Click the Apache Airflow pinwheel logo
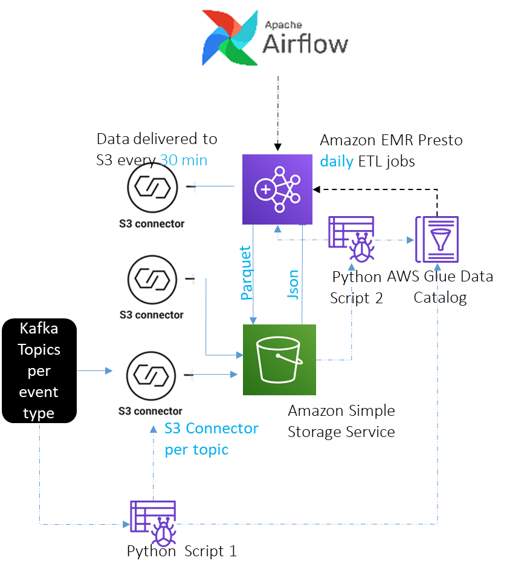click(229, 37)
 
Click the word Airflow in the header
click(305, 44)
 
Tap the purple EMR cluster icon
click(277, 189)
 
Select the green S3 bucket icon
click(279, 360)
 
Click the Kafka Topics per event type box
click(39, 370)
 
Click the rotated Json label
click(293, 284)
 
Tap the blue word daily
click(336, 161)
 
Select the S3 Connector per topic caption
click(211, 439)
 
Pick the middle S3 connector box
click(154, 286)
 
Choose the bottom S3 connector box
click(153, 381)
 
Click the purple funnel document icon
click(436, 239)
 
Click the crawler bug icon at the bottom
click(154, 524)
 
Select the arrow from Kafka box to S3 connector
click(95, 370)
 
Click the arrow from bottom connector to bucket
click(212, 375)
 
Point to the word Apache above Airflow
click(283, 25)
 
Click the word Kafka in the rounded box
click(39, 329)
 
